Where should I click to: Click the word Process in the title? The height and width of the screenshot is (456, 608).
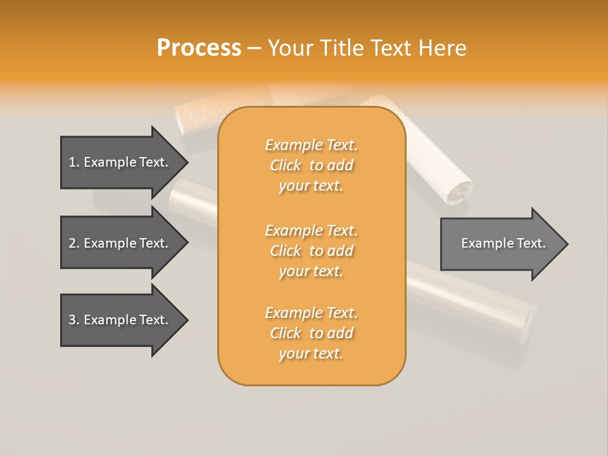point(199,48)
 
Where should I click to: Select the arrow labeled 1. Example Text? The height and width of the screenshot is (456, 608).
point(120,162)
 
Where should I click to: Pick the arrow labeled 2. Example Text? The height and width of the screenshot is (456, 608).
point(120,243)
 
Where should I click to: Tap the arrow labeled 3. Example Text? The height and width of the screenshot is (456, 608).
point(120,320)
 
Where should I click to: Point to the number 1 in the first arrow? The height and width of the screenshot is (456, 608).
point(72,162)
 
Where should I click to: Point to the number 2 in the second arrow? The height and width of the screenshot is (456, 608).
point(72,243)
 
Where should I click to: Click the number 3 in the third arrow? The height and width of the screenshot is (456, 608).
point(72,320)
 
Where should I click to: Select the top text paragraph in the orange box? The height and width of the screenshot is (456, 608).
point(311,165)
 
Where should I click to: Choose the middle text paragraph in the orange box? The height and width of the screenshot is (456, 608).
point(311,251)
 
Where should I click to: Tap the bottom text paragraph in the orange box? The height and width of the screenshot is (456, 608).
point(311,333)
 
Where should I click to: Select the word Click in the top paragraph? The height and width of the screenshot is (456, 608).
point(286,165)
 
